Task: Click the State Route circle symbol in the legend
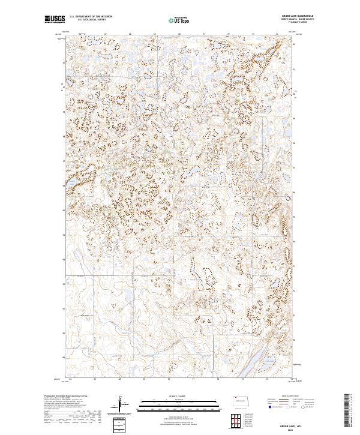[304, 407]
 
